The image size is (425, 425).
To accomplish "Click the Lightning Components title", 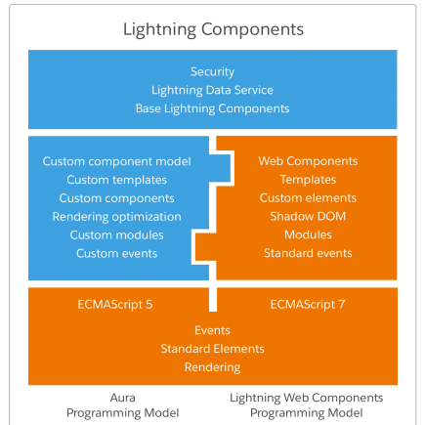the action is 213,29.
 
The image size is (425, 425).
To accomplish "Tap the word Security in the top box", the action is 212,72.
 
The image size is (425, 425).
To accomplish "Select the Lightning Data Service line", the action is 212,90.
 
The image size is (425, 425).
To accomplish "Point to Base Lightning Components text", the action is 212,108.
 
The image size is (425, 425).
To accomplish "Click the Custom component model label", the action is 116,161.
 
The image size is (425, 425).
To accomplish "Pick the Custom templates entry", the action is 116,180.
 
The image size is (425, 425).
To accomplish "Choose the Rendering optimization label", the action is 116,217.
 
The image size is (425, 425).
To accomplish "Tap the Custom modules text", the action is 116,235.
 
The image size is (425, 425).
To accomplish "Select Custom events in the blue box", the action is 116,254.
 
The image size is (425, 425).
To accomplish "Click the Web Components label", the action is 308,161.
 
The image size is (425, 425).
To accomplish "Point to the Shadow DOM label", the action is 308,217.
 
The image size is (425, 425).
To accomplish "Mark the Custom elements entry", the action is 308,198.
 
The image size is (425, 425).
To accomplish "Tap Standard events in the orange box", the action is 308,253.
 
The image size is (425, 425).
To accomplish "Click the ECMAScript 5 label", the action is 115,305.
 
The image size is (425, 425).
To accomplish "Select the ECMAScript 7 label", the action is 308,305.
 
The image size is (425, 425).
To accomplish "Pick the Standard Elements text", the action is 212,349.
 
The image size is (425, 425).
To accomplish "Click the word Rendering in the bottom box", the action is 212,367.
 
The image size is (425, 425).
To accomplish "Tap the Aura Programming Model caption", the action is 123,405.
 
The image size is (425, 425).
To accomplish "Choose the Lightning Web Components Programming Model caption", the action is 307,405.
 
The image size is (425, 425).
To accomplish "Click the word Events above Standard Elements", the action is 212,330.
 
